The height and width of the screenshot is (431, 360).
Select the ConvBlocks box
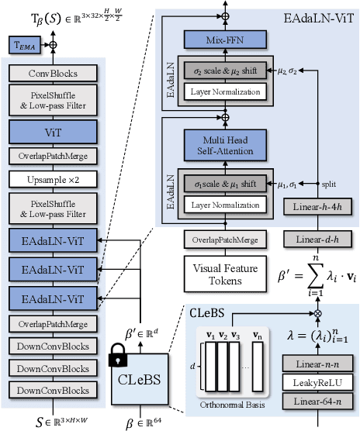54,74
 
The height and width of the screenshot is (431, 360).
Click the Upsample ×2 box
54,179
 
